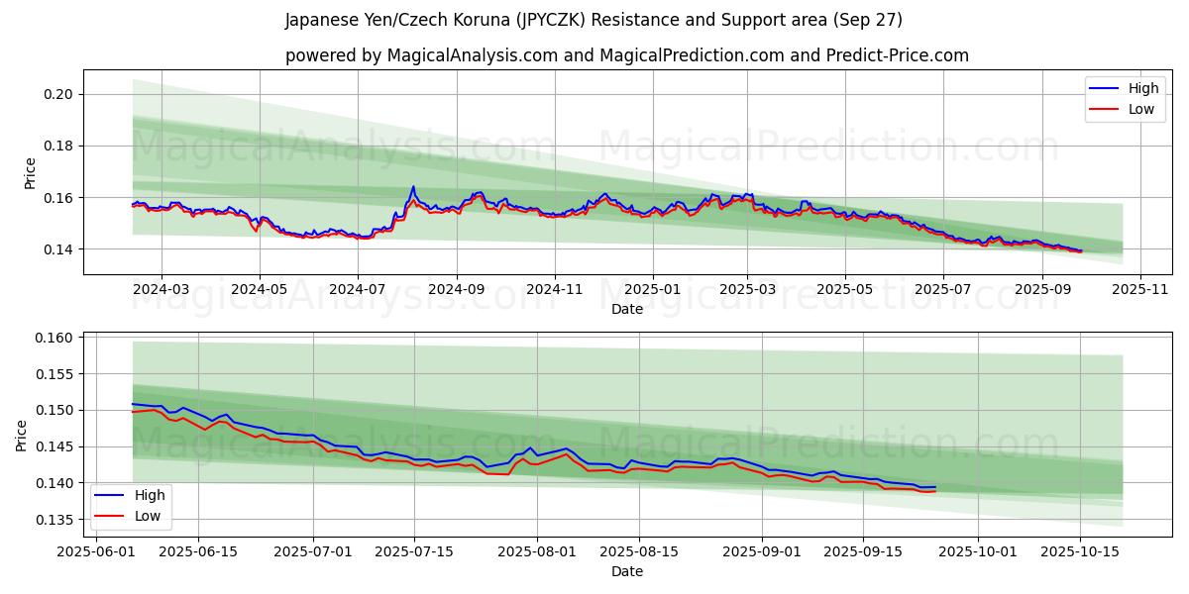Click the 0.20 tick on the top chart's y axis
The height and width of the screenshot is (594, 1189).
click(x=59, y=95)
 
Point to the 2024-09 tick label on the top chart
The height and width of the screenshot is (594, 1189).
click(x=456, y=289)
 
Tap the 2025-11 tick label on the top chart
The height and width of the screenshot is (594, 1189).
click(x=1140, y=289)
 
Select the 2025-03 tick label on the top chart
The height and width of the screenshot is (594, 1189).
click(x=747, y=289)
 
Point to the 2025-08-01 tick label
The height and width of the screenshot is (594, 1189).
click(x=537, y=551)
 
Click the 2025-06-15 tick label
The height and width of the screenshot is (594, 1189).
click(x=198, y=551)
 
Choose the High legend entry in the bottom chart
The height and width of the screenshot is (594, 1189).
click(x=149, y=495)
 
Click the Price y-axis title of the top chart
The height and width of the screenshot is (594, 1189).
click(x=31, y=172)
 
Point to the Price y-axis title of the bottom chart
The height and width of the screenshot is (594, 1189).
click(x=22, y=435)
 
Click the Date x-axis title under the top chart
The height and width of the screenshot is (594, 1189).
click(x=626, y=309)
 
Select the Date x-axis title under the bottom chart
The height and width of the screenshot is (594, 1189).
click(x=626, y=571)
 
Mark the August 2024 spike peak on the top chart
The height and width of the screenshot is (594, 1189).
click(x=413, y=186)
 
